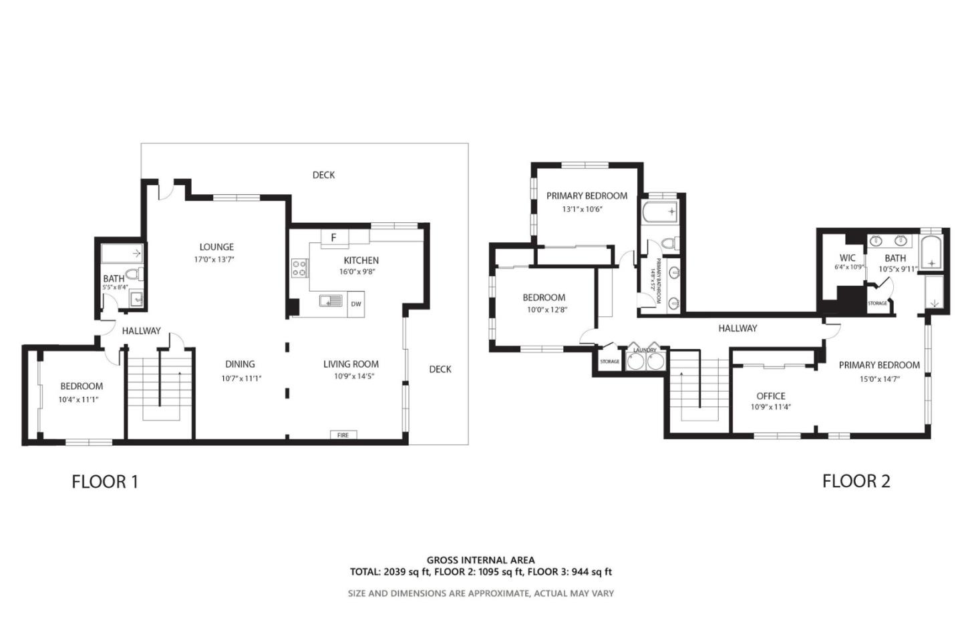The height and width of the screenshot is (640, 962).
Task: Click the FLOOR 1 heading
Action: click(105, 481)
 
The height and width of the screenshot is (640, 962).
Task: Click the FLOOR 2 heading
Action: click(856, 481)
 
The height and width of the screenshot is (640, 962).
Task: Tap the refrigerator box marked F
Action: click(333, 238)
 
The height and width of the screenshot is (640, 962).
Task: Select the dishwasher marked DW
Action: click(356, 304)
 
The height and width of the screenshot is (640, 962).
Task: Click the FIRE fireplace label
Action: click(343, 435)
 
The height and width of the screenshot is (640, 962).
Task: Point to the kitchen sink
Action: click(331, 301)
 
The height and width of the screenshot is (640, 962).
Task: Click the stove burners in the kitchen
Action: click(300, 268)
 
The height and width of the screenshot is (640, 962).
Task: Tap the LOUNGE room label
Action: click(216, 247)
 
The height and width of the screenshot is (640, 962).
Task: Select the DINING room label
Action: click(240, 364)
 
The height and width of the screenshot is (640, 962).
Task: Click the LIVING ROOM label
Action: click(351, 364)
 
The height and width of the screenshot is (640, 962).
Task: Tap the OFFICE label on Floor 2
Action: click(770, 396)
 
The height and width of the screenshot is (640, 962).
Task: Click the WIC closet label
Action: click(847, 258)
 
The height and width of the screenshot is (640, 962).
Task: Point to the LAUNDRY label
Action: click(645, 350)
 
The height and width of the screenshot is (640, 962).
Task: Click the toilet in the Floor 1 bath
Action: click(134, 274)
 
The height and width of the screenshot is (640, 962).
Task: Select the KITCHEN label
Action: click(361, 260)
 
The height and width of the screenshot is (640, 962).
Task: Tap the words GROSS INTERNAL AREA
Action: click(480, 561)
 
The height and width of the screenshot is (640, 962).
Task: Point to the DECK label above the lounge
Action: click(323, 175)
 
